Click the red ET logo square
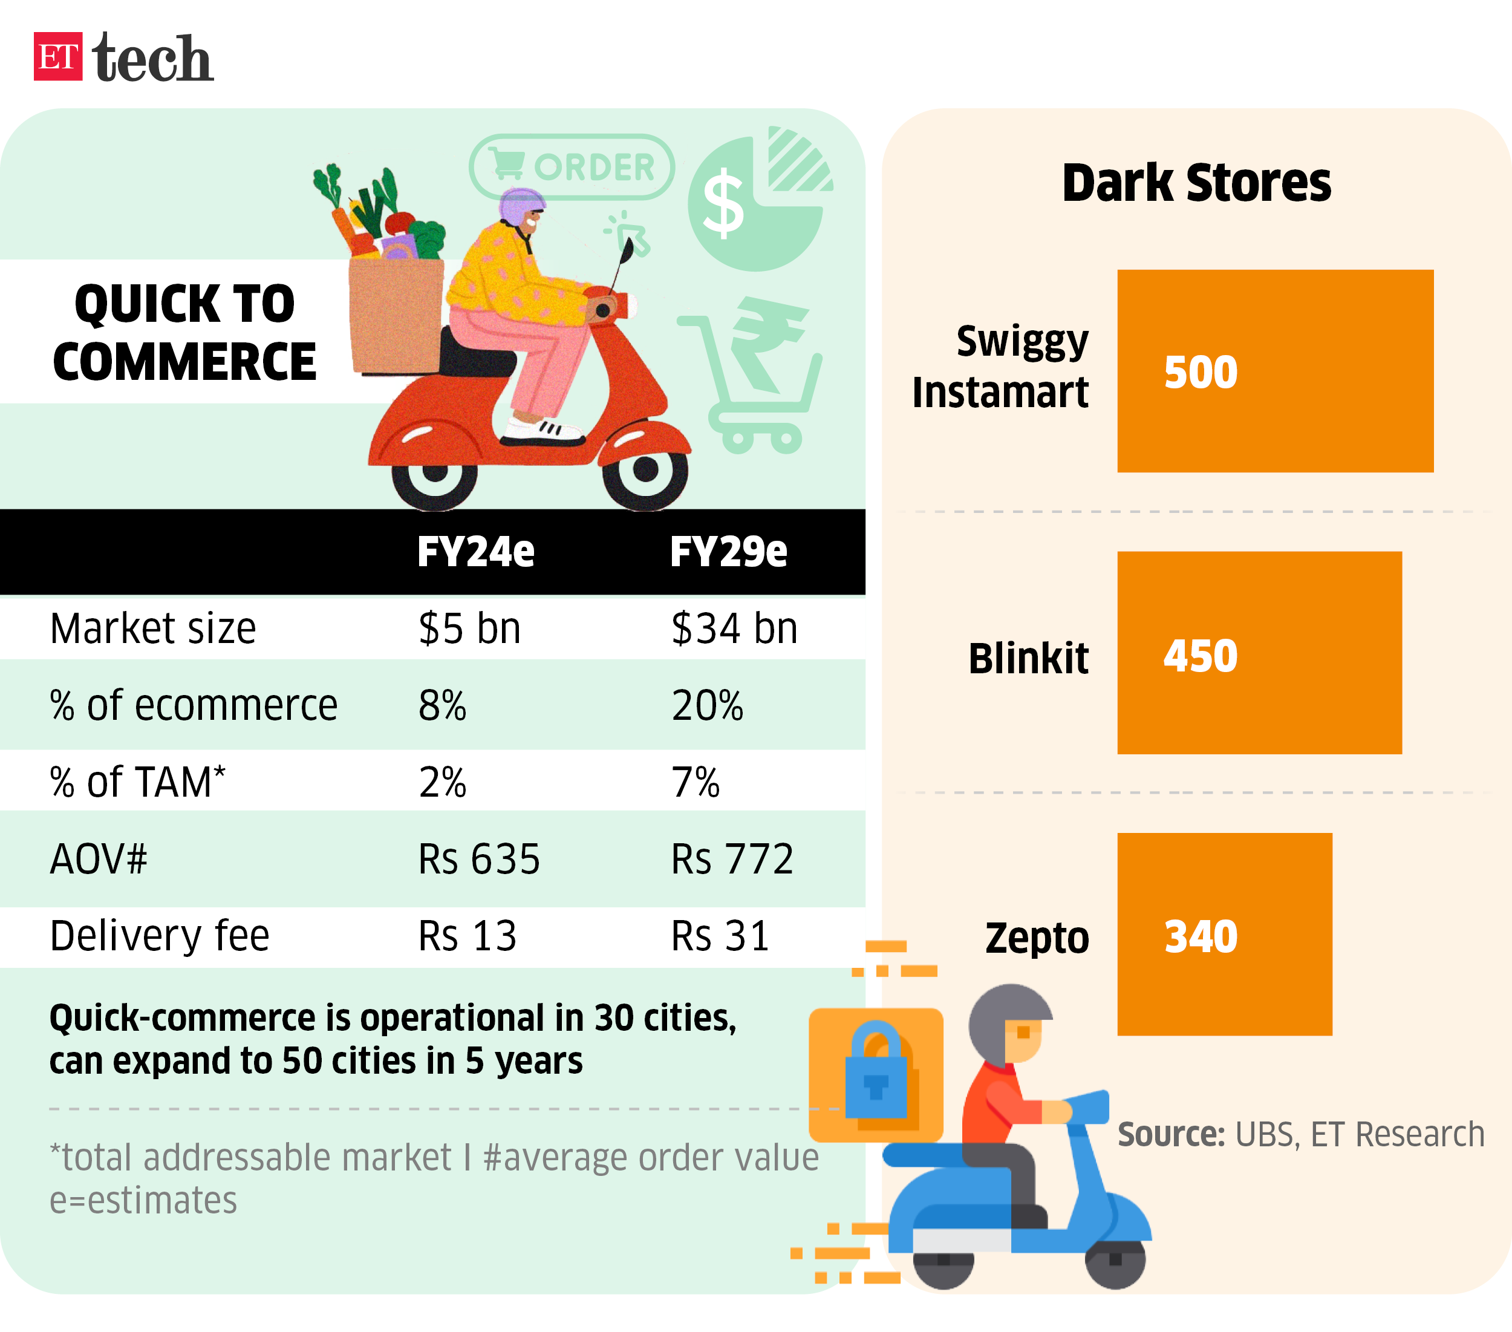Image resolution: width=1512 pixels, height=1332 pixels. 57,56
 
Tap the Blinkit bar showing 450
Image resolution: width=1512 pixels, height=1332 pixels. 1259,653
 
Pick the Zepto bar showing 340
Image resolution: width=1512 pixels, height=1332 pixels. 1224,934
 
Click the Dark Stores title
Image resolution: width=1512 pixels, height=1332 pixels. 1196,183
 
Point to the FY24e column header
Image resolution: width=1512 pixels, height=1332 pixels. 475,551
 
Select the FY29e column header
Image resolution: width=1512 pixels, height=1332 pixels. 729,551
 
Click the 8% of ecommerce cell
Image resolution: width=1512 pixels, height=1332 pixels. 442,705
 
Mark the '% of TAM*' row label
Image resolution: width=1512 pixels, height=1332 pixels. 137,782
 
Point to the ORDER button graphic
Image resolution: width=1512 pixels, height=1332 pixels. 572,167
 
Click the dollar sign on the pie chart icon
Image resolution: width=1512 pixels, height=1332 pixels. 723,204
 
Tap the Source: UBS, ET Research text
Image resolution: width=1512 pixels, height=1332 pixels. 1300,1134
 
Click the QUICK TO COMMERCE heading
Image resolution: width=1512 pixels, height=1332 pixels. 184,332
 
